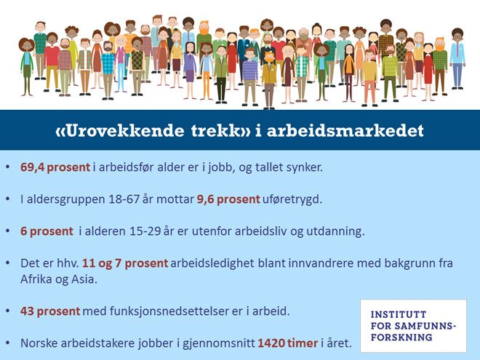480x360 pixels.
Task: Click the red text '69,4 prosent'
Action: [x=55, y=168]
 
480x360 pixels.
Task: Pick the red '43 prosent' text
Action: [x=50, y=311]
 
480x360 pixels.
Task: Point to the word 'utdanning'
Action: [x=339, y=231]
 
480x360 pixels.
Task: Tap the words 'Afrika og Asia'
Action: [x=55, y=279]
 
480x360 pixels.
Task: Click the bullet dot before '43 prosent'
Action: [x=8, y=311]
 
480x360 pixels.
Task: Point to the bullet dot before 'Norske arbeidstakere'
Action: [x=8, y=343]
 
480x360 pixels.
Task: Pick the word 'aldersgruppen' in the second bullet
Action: [x=63, y=199]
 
